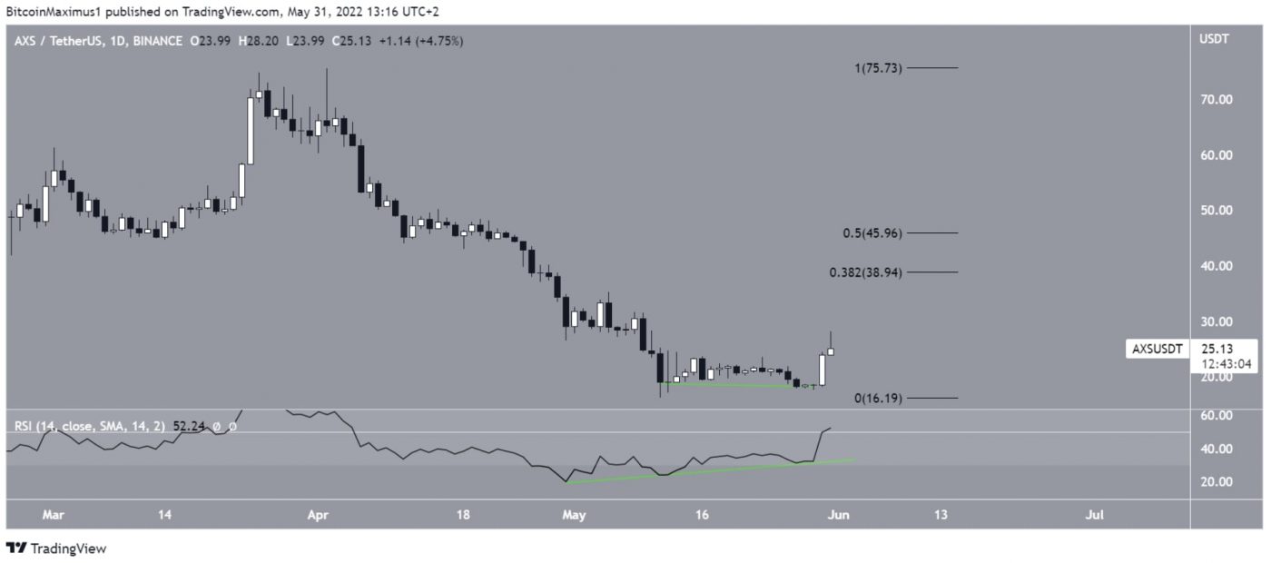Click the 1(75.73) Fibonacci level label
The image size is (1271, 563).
click(876, 68)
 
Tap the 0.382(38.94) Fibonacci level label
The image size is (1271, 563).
click(865, 272)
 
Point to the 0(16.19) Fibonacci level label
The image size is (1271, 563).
click(877, 398)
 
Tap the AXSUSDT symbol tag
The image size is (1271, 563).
click(1157, 349)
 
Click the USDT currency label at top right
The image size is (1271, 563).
click(1214, 40)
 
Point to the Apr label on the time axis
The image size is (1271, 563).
click(318, 515)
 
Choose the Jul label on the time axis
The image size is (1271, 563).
click(1095, 515)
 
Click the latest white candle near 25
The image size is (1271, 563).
click(831, 351)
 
